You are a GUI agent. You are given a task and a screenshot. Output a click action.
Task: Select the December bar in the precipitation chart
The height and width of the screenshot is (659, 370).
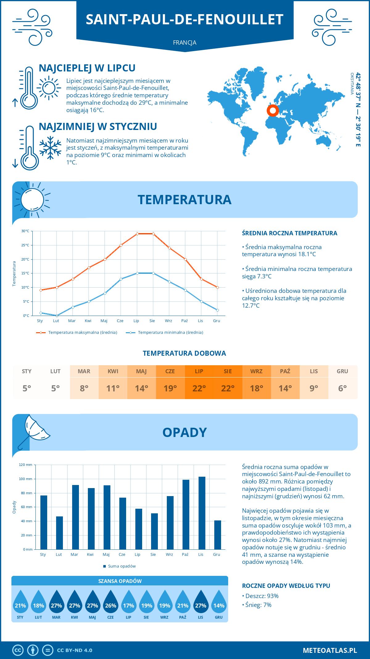tap(218, 535)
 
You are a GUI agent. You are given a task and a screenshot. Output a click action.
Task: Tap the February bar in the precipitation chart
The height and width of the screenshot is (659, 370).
tap(60, 533)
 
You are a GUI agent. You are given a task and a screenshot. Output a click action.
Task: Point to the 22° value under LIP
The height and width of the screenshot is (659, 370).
tap(199, 388)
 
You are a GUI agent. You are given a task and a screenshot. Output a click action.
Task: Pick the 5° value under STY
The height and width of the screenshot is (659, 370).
tap(27, 388)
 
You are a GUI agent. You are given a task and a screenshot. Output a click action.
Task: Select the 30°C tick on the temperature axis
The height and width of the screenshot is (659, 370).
tap(25, 231)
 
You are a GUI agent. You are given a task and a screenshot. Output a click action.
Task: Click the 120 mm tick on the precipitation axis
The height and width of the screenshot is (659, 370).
tap(26, 465)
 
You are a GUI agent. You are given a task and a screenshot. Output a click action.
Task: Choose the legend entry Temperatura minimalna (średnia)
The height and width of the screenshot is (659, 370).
tap(170, 333)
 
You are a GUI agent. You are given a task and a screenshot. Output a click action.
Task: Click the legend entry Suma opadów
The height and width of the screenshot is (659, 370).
tap(122, 566)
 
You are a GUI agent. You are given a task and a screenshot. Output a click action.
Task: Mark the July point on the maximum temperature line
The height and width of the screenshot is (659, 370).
tap(137, 234)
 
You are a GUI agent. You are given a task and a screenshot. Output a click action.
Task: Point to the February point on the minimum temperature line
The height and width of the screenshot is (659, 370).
tap(57, 316)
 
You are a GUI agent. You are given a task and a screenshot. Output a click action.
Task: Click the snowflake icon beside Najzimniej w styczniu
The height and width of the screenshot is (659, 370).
tap(50, 148)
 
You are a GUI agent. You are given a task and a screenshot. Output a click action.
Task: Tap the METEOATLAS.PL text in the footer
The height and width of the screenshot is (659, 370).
tap(330, 650)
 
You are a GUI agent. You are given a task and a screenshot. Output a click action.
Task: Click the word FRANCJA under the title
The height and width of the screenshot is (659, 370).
tap(185, 42)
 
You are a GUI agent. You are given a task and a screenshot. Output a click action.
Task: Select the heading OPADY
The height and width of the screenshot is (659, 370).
tap(184, 432)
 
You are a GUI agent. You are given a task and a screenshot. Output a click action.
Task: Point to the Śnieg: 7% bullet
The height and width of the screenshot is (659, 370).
tap(258, 605)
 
